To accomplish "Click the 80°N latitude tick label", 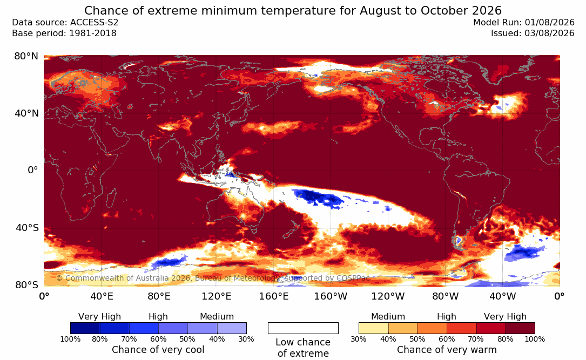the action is pyautogui.click(x=26, y=56).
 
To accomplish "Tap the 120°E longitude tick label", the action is pyautogui.click(x=217, y=296).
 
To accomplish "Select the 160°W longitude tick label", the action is pyautogui.click(x=331, y=296).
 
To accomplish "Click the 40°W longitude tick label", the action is pyautogui.click(x=503, y=296).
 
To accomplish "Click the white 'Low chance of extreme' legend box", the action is pyautogui.click(x=303, y=328).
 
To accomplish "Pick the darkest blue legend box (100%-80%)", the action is pyautogui.click(x=85, y=328).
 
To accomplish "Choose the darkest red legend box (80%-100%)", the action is pyautogui.click(x=520, y=328).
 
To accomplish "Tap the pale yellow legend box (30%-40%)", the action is pyautogui.click(x=373, y=328).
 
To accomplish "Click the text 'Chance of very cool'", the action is pyautogui.click(x=158, y=350).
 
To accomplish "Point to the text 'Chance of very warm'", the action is pyautogui.click(x=447, y=350).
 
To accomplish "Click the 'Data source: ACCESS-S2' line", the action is pyautogui.click(x=65, y=23).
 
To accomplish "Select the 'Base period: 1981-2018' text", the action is pyautogui.click(x=64, y=33).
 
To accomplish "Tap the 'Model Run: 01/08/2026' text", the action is pyautogui.click(x=523, y=23).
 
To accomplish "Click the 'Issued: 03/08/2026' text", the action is pyautogui.click(x=533, y=33).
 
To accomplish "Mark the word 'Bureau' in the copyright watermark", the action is pyautogui.click(x=210, y=278).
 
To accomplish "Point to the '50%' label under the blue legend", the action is pyautogui.click(x=187, y=339).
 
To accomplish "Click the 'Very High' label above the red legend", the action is pyautogui.click(x=505, y=317).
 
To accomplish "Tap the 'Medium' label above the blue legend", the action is pyautogui.click(x=217, y=317).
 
